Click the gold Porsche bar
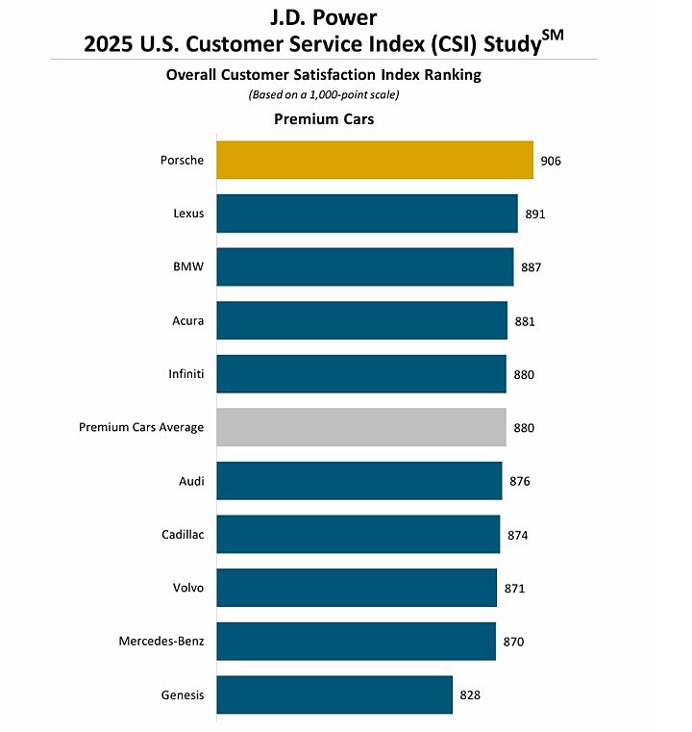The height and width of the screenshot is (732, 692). (x=374, y=160)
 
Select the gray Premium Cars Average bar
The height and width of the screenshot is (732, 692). (x=360, y=427)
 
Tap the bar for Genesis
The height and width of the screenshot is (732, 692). (x=334, y=694)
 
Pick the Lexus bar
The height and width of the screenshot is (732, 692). (x=367, y=214)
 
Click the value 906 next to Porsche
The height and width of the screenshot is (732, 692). (x=551, y=161)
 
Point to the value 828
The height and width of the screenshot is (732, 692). (x=469, y=694)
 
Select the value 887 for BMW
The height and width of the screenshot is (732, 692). (x=531, y=266)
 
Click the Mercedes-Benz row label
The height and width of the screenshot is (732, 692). (x=161, y=641)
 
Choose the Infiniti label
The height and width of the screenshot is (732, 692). (x=185, y=373)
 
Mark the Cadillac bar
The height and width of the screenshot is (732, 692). (x=358, y=534)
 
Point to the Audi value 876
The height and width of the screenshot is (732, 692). (x=520, y=481)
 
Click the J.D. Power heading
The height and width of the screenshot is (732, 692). (x=324, y=16)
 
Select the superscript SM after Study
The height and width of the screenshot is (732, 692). (x=553, y=36)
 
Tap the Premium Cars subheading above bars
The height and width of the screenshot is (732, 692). (x=324, y=119)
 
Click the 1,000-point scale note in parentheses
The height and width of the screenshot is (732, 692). (x=324, y=94)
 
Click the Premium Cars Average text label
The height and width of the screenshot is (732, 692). (x=141, y=427)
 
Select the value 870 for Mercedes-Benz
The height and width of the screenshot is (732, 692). (x=513, y=641)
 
